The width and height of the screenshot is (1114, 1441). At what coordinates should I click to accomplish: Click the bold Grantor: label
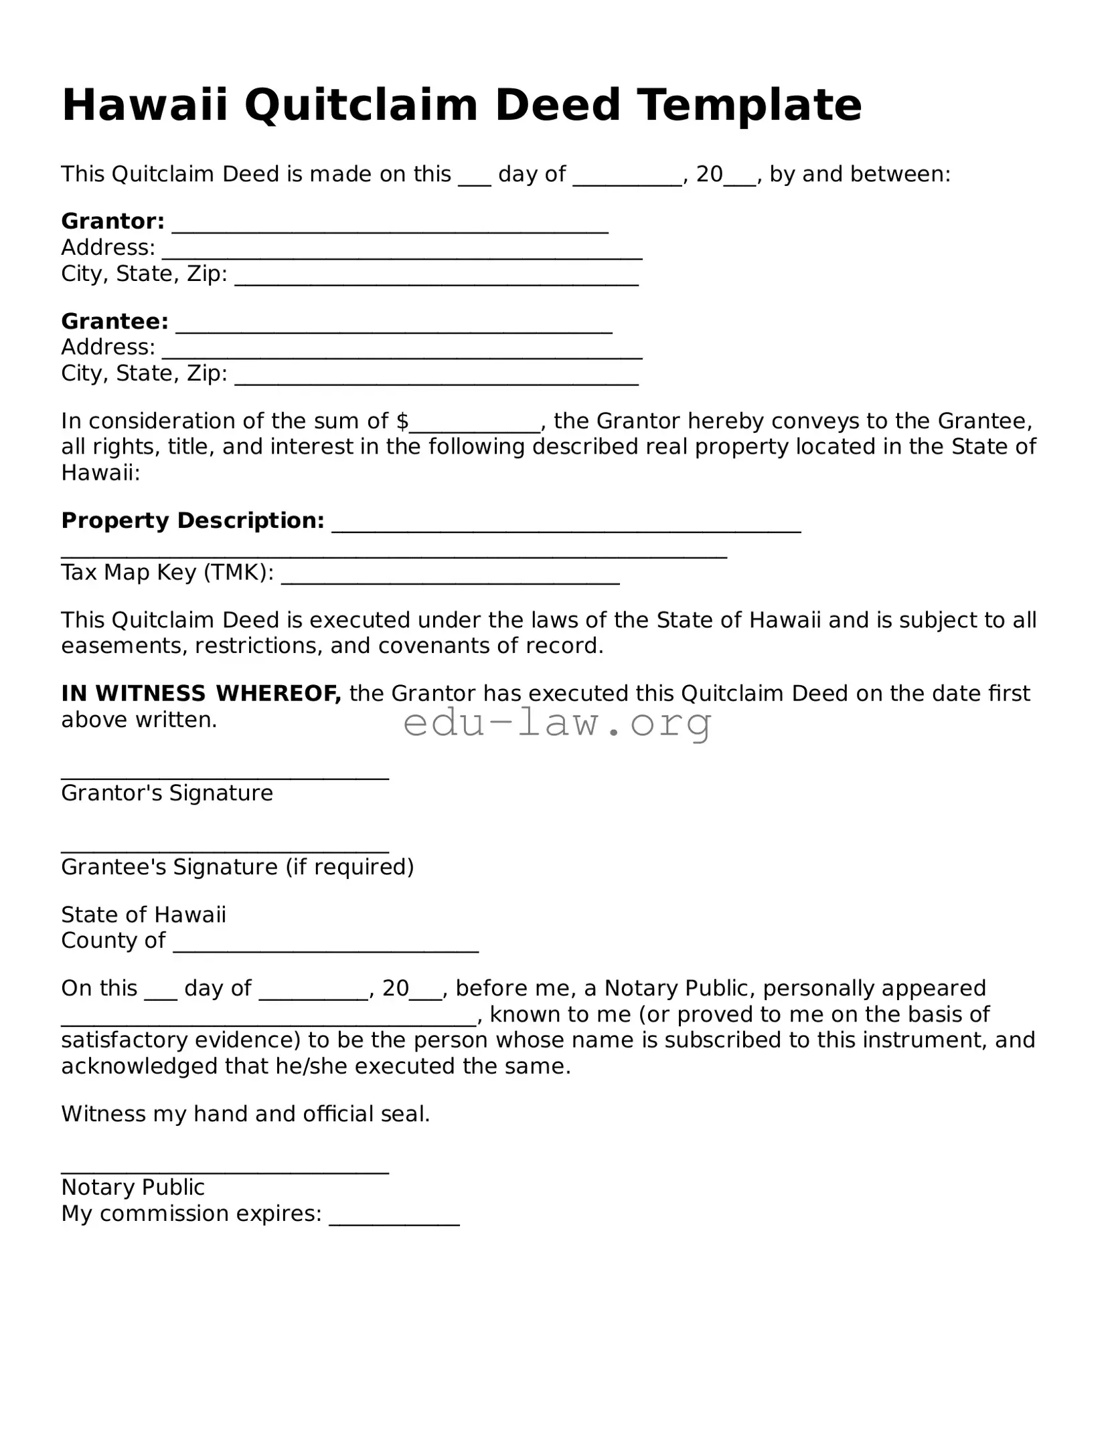(x=112, y=221)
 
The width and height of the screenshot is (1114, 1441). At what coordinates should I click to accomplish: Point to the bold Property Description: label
(x=193, y=520)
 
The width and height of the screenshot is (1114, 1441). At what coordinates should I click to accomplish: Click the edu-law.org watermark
(x=557, y=723)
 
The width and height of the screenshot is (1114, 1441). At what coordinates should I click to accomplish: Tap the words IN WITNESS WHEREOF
(x=201, y=693)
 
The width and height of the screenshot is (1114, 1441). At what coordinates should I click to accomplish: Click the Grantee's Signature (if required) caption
(x=237, y=867)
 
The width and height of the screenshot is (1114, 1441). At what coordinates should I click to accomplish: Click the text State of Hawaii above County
(x=143, y=915)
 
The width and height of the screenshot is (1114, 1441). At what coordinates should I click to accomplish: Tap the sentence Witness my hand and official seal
(x=245, y=1114)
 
